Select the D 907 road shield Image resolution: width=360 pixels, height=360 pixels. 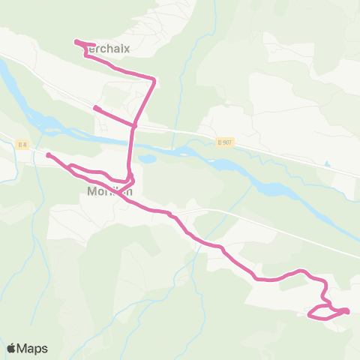coord(223,142)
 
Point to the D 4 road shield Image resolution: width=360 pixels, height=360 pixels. coord(22,144)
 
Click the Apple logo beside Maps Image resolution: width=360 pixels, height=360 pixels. coord(11,348)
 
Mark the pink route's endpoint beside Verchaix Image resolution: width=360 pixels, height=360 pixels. coord(77,42)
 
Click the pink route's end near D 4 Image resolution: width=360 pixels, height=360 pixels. coord(48,155)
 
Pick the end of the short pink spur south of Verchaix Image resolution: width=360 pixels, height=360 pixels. coord(95,108)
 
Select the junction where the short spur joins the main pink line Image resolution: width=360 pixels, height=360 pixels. coord(135,125)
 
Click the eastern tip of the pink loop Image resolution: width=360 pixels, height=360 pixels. coord(347,310)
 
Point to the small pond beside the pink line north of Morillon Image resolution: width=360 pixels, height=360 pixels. coord(147,160)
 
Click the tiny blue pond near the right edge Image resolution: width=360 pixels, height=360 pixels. coord(327,163)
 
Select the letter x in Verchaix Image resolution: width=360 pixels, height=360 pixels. coord(127,49)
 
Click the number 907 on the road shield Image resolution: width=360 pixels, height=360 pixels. coord(226,142)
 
